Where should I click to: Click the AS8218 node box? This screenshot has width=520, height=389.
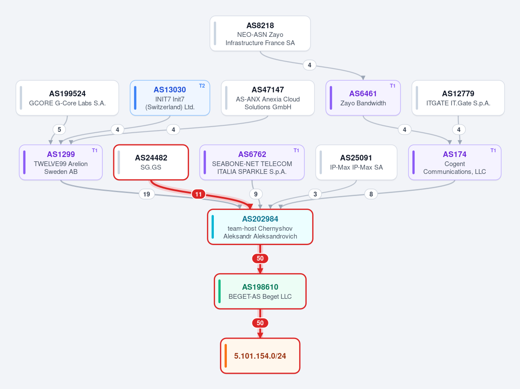[260, 33]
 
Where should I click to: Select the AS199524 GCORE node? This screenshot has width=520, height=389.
[67, 98]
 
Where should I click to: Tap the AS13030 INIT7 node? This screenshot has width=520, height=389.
[170, 98]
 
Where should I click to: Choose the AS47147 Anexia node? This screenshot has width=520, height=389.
[268, 98]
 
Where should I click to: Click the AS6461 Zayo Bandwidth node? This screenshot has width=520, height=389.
[363, 98]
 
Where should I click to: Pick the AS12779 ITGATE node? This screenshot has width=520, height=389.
[458, 98]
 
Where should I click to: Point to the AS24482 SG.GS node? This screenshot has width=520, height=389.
[151, 163]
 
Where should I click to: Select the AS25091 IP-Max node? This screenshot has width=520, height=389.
[356, 163]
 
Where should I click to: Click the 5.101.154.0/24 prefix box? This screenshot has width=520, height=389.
[260, 356]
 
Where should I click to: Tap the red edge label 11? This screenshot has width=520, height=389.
[198, 194]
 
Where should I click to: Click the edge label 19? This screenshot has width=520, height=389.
[147, 194]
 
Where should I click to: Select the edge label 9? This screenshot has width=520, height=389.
[256, 194]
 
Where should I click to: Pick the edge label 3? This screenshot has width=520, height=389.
[315, 194]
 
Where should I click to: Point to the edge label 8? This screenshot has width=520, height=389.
[371, 194]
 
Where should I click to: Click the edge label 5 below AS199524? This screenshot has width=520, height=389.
[59, 130]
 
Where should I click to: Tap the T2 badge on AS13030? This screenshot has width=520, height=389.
[202, 86]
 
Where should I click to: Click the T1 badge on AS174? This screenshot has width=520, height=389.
[493, 150]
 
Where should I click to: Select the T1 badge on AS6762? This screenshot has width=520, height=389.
[296, 150]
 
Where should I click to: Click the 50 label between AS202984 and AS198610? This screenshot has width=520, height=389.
[260, 258]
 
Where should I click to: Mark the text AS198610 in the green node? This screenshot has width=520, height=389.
[260, 287]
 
